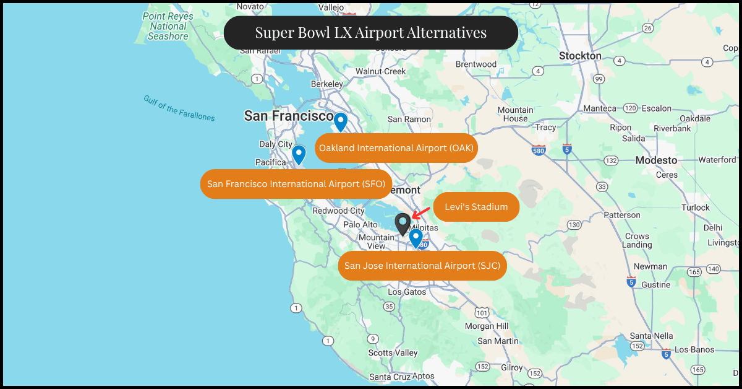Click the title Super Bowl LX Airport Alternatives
[371, 33]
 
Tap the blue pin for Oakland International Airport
[340, 121]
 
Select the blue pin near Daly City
[299, 154]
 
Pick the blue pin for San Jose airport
[416, 238]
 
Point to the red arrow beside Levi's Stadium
[421, 213]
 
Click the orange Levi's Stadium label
[476, 207]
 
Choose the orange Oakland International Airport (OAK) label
[396, 148]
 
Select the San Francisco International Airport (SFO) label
[296, 184]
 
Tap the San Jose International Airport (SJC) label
[423, 266]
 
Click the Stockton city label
[580, 56]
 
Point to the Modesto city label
[656, 160]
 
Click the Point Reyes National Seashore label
[168, 26]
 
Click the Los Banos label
[694, 350]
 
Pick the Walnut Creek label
[380, 71]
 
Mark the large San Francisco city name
[289, 116]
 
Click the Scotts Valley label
[393, 352]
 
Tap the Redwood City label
[338, 211]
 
